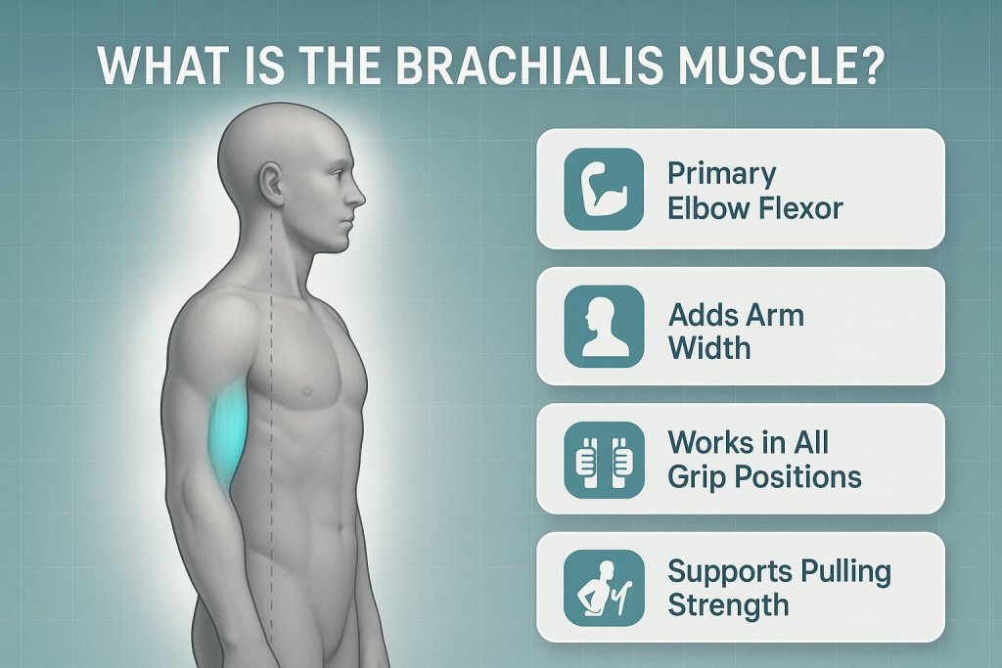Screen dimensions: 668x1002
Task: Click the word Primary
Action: (x=722, y=173)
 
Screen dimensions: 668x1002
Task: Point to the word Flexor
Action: (x=797, y=207)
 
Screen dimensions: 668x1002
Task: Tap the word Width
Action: (x=709, y=346)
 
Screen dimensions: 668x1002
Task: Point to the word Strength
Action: (x=728, y=604)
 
